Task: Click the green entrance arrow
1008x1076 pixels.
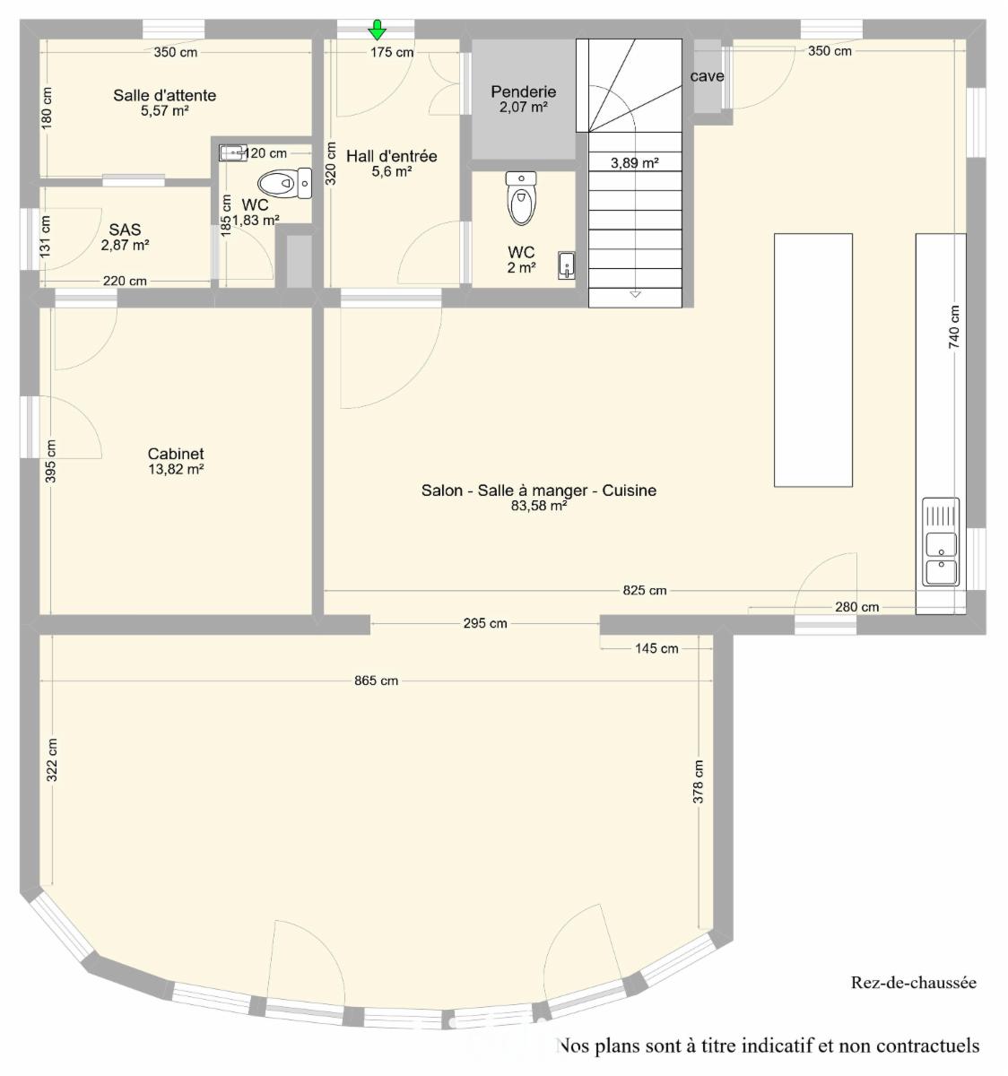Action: coord(378,30)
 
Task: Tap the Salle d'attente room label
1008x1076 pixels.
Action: coord(165,95)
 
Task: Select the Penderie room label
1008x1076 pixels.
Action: coord(524,91)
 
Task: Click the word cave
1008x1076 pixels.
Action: coord(708,76)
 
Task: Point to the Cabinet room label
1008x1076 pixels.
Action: coord(176,454)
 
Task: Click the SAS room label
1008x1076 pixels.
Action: coord(125,230)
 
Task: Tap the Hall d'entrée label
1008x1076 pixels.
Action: coord(391,156)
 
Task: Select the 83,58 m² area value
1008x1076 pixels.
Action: coord(539,506)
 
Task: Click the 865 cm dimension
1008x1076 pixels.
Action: coord(376,681)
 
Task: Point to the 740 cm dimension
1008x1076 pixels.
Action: coord(954,326)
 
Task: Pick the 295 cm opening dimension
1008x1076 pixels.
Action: coord(485,623)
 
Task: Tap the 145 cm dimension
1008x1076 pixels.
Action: coord(656,648)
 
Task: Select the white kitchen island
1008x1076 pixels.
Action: coord(812,360)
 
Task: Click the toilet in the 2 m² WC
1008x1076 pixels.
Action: coord(521,198)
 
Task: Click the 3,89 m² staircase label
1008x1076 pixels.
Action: coord(635,162)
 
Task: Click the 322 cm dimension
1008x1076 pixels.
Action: coord(51,760)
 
